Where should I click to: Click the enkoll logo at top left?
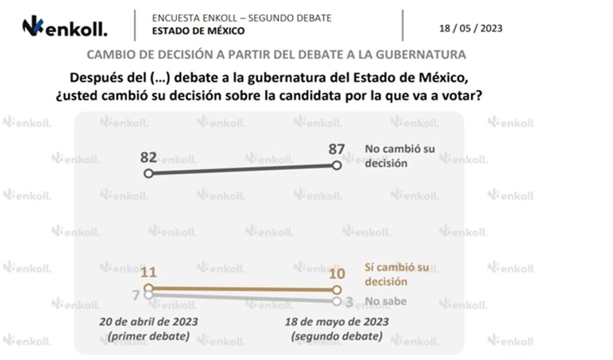coord(64,27)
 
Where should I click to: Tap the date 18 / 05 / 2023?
coord(471,28)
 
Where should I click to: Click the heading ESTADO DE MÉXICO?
coord(198,31)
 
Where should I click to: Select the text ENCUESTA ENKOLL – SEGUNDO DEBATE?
coord(241,18)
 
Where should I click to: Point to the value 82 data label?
coord(149,158)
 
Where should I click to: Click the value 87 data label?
coord(337,149)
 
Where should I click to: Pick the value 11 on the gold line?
coord(149,272)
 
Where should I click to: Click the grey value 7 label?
coord(136,296)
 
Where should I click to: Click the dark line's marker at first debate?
coord(149,173)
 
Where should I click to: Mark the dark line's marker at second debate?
coord(337,165)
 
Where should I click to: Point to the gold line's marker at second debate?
coord(337,290)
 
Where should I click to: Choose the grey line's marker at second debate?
coord(337,301)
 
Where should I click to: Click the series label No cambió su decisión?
coord(399,156)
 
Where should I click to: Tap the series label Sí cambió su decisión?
coord(396,274)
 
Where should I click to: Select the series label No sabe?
coord(385,301)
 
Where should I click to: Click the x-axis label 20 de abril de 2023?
coord(148,328)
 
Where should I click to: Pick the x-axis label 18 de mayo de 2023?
coord(337,328)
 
